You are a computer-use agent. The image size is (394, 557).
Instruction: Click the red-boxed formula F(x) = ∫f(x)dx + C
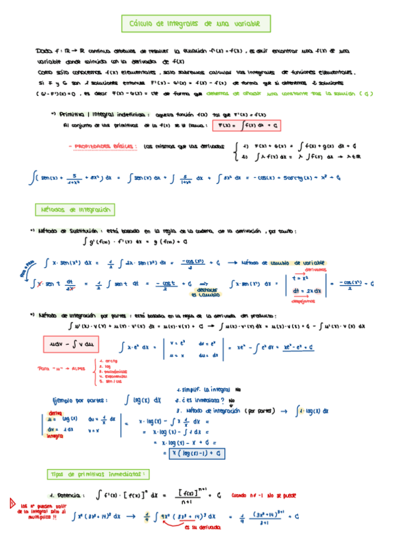coord(253,123)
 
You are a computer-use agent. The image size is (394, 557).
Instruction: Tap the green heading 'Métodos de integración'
coord(74,210)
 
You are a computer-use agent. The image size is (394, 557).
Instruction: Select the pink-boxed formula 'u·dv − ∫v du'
coord(70,344)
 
